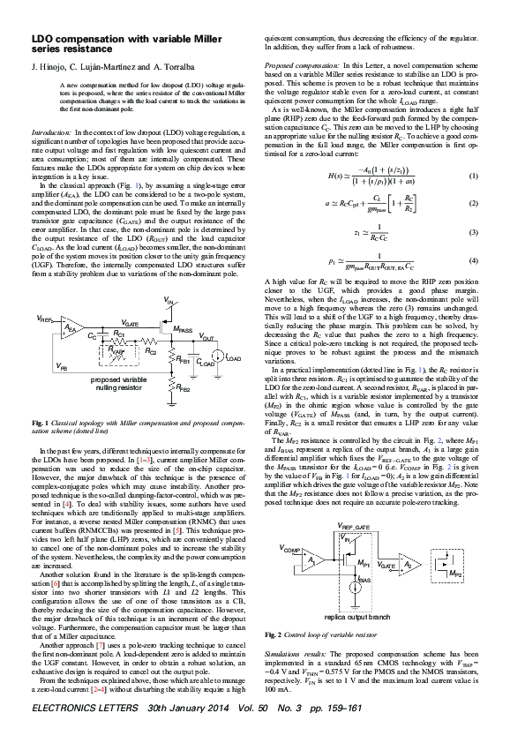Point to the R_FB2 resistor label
pos(183,387)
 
